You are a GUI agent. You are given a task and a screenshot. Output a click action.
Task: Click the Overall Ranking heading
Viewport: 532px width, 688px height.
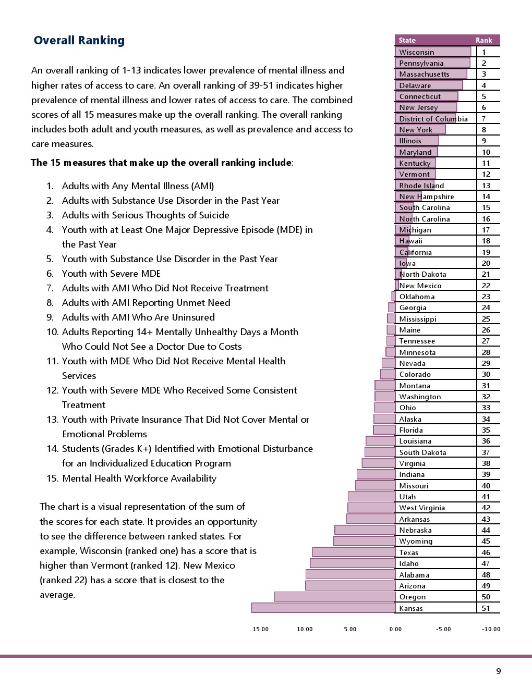point(79,41)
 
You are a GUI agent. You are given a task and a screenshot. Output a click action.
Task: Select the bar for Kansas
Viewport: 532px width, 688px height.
point(323,608)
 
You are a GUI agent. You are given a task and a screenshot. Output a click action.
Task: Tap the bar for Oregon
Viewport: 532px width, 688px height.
point(334,597)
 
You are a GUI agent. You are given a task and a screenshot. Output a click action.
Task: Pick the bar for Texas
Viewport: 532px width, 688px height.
point(354,552)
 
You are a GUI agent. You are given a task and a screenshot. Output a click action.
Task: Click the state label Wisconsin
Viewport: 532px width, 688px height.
point(416,52)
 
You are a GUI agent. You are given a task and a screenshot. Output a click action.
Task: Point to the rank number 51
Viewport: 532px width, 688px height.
point(486,608)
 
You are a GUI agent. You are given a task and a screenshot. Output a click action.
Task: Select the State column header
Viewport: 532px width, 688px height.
point(407,40)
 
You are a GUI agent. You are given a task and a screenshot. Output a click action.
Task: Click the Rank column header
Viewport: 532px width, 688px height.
point(483,40)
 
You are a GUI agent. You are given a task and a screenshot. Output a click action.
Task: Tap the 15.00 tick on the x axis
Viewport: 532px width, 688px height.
point(260,629)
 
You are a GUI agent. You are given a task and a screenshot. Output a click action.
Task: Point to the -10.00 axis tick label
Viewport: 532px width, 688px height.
point(491,629)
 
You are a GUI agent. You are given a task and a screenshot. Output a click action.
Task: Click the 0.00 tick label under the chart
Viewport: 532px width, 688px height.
point(395,629)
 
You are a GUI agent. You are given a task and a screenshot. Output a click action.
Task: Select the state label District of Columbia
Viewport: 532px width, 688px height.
point(433,119)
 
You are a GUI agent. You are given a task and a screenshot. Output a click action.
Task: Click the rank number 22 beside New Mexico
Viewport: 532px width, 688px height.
point(486,286)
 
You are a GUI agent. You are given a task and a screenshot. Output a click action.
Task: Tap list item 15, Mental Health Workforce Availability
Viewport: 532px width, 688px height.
point(139,478)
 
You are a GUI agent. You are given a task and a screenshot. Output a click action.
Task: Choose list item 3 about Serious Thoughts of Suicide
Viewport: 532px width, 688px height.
point(145,215)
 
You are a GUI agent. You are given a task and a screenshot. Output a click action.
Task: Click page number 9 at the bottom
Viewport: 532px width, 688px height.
point(498,671)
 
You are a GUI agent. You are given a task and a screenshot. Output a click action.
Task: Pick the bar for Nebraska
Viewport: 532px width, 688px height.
point(365,530)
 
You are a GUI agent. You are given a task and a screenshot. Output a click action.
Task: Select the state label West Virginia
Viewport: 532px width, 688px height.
point(422,508)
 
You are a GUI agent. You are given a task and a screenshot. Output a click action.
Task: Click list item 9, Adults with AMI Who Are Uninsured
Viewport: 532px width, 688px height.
point(138,317)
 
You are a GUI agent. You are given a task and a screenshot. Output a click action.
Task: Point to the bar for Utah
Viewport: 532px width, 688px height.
point(371,497)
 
